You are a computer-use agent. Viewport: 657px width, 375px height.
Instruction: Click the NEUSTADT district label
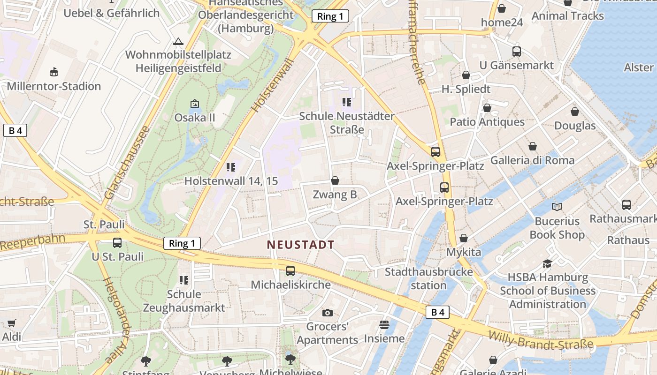click(300, 245)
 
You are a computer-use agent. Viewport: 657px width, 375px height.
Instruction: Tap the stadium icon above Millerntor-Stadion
click(54, 72)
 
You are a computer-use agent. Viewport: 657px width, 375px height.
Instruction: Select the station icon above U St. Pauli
click(117, 243)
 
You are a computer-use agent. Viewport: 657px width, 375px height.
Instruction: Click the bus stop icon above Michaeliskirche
click(290, 270)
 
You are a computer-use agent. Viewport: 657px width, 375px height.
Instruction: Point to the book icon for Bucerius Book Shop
click(557, 207)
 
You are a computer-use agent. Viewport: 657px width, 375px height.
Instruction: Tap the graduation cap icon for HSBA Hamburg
click(547, 263)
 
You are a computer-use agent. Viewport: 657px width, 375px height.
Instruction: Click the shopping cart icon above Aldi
click(12, 323)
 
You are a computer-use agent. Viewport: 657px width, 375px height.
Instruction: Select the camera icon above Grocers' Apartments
click(328, 313)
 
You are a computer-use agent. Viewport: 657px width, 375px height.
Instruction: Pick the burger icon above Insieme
click(384, 324)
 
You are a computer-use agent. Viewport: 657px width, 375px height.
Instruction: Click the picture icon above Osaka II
click(195, 104)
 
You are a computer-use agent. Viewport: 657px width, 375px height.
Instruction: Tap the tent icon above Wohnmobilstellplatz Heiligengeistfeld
click(178, 41)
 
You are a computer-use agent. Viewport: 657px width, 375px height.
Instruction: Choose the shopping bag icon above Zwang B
click(335, 180)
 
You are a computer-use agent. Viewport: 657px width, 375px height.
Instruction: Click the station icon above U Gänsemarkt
click(517, 51)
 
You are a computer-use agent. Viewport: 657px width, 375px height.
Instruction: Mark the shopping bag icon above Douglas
click(575, 112)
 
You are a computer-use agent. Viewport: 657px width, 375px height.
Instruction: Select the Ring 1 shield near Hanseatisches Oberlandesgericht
click(330, 16)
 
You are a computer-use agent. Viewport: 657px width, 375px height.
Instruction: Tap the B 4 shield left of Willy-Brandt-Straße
click(437, 312)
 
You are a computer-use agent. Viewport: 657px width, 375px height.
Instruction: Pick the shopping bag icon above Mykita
click(464, 238)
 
